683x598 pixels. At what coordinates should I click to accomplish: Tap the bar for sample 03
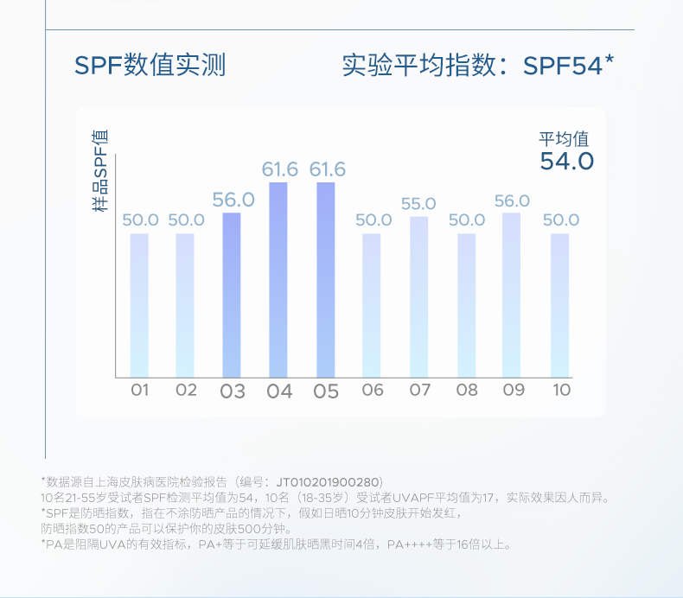click(232, 294)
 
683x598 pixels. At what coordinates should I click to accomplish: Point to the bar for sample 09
click(512, 294)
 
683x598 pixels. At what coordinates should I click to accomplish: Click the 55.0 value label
click(418, 204)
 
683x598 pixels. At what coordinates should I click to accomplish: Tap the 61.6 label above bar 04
click(280, 169)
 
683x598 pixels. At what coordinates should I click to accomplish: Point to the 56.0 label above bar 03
click(233, 200)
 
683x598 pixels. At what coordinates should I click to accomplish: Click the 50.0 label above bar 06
click(373, 220)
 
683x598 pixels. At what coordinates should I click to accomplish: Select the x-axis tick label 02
click(186, 390)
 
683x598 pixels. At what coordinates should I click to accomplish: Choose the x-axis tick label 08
click(467, 390)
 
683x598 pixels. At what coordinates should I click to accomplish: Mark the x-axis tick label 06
click(373, 390)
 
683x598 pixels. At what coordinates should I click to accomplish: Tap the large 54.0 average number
click(567, 162)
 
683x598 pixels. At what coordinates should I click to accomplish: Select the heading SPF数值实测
click(150, 66)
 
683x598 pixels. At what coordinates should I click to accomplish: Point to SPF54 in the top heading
click(563, 66)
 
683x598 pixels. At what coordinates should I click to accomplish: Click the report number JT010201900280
click(329, 481)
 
